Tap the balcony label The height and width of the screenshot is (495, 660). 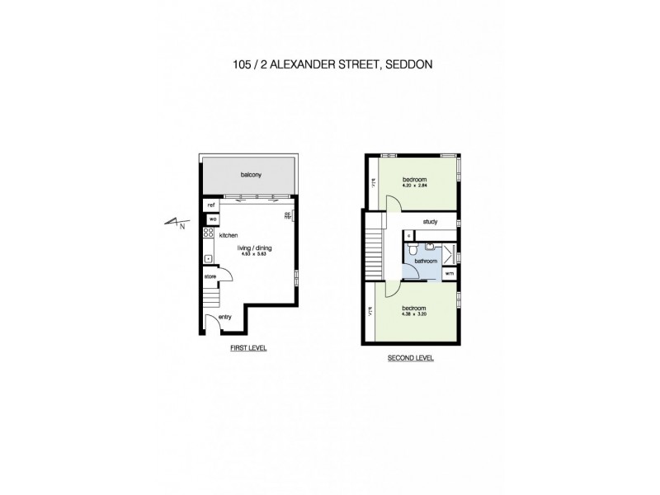[251, 175]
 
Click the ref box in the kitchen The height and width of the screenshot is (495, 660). [211, 205]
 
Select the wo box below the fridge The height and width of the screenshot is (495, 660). [212, 219]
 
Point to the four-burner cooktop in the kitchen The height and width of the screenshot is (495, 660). [208, 234]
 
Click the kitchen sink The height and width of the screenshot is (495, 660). [208, 259]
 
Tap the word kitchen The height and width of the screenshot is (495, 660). [228, 235]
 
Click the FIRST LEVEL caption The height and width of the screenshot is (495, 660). [248, 349]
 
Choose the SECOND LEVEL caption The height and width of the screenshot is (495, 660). [410, 358]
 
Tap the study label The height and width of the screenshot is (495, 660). [429, 222]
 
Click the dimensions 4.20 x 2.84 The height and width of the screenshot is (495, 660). [414, 186]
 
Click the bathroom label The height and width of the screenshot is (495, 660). [425, 261]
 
